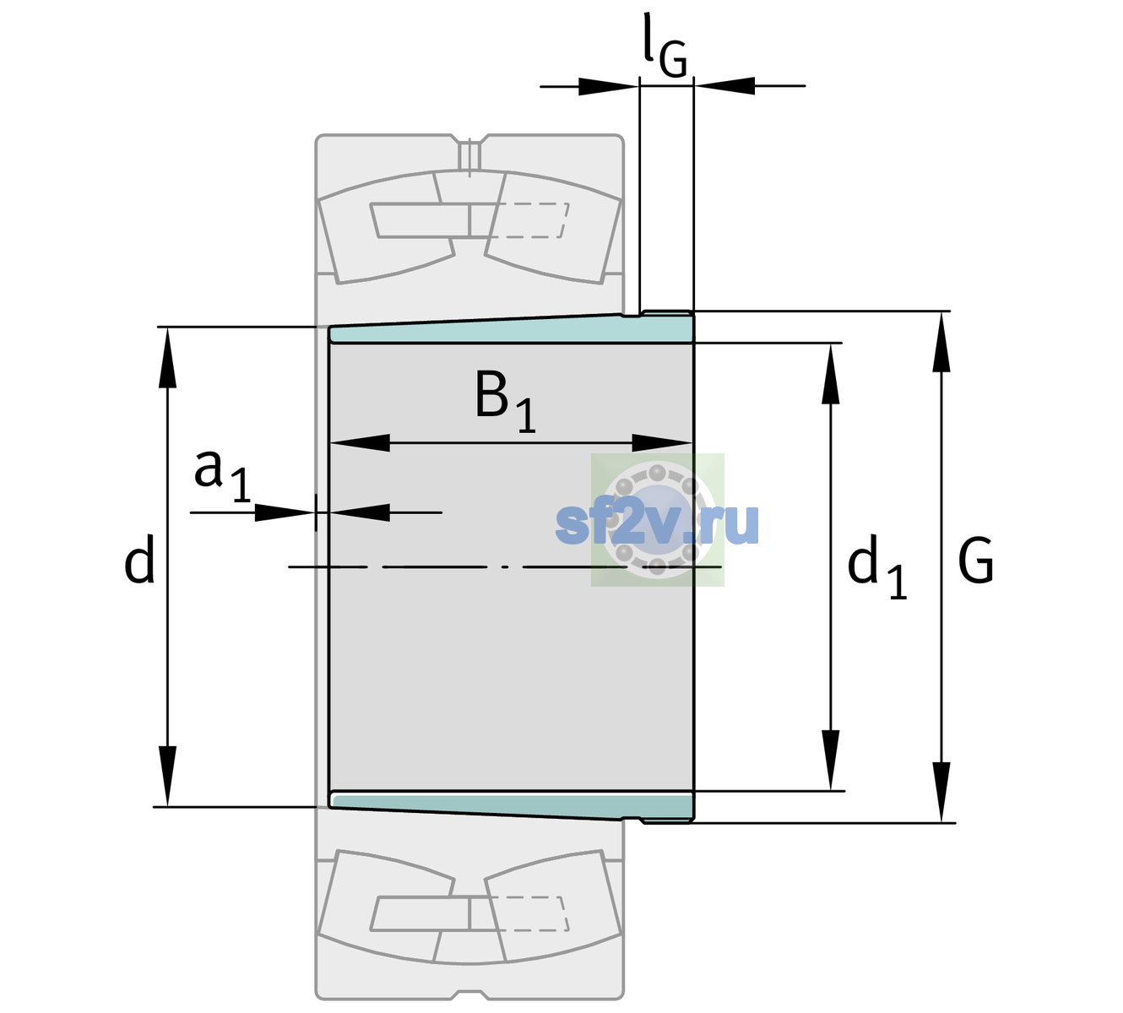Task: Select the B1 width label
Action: click(505, 401)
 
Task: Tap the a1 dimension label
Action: click(222, 476)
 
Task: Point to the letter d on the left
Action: click(138, 559)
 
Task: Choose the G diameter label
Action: click(976, 561)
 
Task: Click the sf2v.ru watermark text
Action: click(657, 523)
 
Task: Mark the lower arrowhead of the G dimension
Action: click(941, 792)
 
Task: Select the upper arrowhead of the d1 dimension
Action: click(830, 373)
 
